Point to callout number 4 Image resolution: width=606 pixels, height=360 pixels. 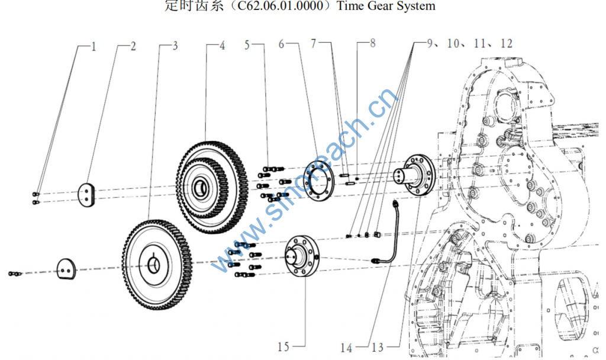pyautogui.click(x=222, y=46)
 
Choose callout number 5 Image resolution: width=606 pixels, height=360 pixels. pyautogui.click(x=247, y=44)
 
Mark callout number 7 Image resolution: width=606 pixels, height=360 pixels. pyautogui.click(x=314, y=44)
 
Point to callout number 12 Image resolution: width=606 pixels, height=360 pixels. pyautogui.click(x=506, y=43)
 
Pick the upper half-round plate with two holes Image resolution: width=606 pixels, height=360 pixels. pyautogui.click(x=87, y=195)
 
